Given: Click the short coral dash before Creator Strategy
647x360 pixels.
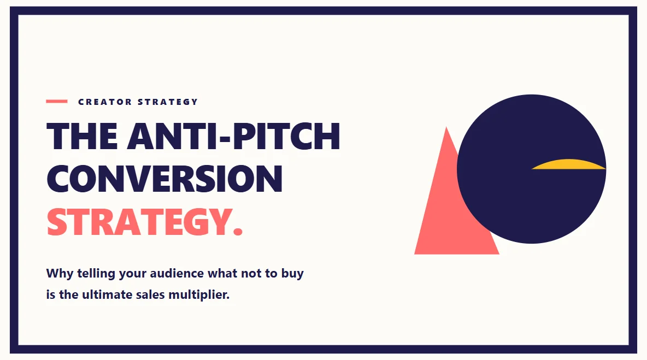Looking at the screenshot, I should coord(57,101).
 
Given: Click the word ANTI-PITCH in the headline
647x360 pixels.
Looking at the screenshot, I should coord(233,137).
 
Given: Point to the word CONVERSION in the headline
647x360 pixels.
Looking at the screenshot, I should coord(164,179).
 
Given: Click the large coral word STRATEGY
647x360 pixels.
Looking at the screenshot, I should coord(137,222).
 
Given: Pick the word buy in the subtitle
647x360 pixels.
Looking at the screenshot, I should coord(292,274).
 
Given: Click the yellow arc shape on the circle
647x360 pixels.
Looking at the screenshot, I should coord(568,165).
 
